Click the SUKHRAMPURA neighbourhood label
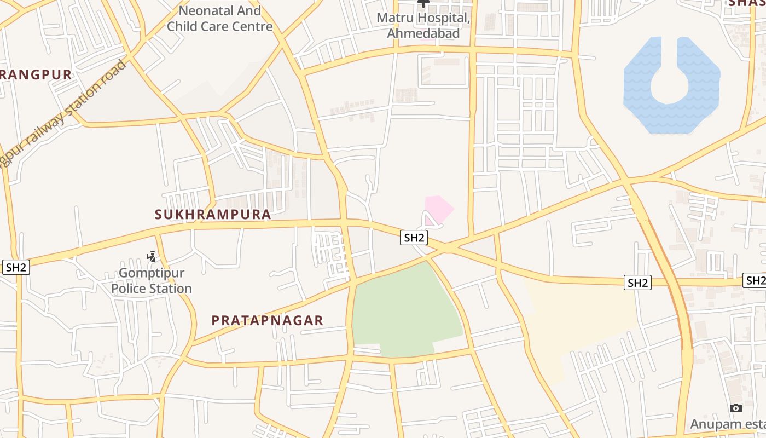click(213, 214)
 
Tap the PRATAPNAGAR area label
click(268, 320)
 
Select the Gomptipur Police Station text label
click(152, 281)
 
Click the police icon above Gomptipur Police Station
click(152, 256)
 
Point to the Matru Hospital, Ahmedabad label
click(423, 25)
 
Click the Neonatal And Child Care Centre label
click(220, 18)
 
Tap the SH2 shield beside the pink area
click(414, 238)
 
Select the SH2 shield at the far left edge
click(16, 267)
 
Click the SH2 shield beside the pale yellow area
click(637, 283)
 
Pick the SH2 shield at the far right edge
click(755, 280)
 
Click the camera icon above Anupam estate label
click(736, 408)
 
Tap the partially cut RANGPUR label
click(36, 75)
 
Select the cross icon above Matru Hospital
click(423, 3)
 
